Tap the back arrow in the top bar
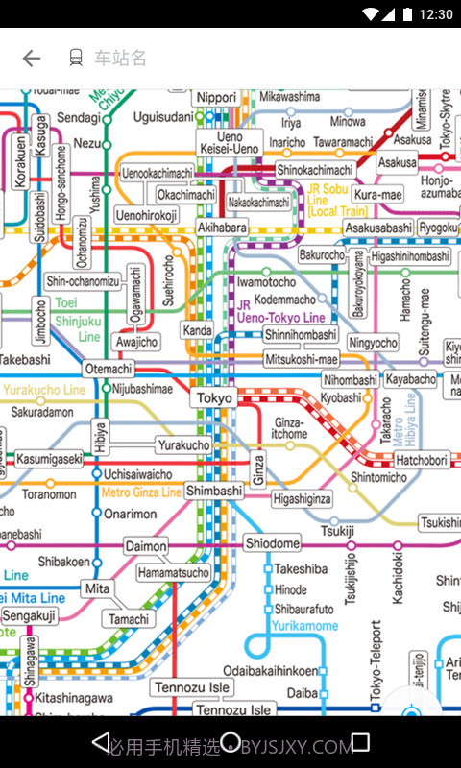[32, 59]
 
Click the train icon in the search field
[76, 59]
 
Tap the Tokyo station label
[214, 398]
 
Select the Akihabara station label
[222, 228]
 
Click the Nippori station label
[216, 98]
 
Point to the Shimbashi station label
[214, 491]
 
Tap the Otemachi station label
[109, 369]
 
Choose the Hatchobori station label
[422, 461]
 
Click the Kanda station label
[198, 331]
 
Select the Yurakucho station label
[183, 445]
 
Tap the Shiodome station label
[272, 543]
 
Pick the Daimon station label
[146, 547]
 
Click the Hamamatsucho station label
[173, 573]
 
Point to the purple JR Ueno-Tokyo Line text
[280, 311]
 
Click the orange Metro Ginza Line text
[141, 492]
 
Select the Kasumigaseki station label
[49, 460]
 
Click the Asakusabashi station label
[378, 228]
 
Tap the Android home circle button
[230, 742]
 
